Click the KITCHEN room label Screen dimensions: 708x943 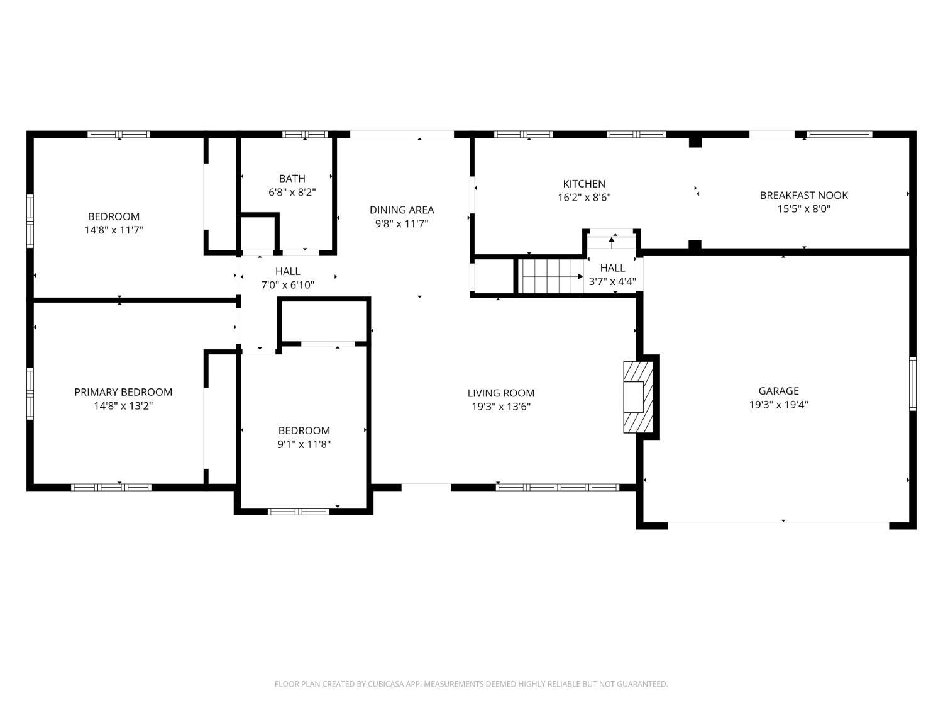(584, 184)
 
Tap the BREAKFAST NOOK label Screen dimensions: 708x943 (803, 195)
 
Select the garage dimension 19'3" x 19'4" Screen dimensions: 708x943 (778, 405)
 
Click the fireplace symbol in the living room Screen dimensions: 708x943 (636, 396)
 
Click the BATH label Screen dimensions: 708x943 (292, 179)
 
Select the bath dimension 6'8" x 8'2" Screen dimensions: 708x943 (292, 193)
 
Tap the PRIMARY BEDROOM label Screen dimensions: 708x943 (123, 392)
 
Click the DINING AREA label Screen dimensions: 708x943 (401, 210)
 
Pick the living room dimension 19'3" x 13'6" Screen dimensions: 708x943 (501, 407)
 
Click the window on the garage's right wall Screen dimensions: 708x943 (912, 384)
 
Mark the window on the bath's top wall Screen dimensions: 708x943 (305, 134)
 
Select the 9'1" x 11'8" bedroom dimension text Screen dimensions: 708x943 (304, 444)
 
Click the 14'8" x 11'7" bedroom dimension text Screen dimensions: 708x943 (114, 230)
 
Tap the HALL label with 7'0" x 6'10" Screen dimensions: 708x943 (287, 271)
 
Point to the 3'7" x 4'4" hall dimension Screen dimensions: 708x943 (612, 282)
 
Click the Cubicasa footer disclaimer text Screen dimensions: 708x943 (471, 683)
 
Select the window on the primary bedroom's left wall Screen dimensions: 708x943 (30, 393)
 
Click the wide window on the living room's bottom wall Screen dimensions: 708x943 (558, 487)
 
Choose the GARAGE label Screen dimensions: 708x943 (778, 391)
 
